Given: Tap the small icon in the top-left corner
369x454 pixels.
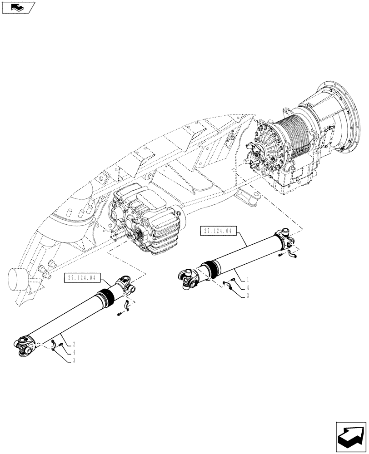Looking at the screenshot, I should (18, 7).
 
